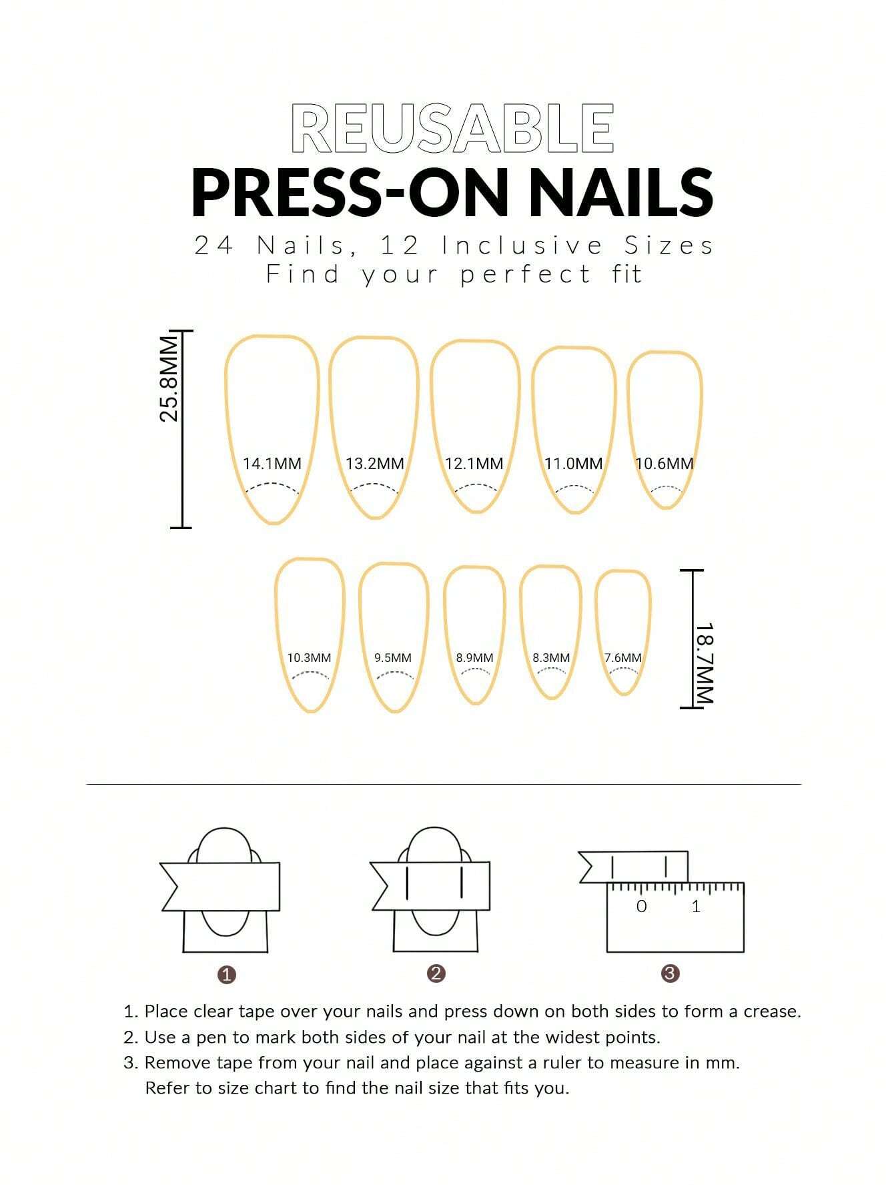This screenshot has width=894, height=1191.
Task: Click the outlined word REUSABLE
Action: click(x=453, y=129)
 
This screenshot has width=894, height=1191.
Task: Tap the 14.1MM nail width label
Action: click(x=272, y=463)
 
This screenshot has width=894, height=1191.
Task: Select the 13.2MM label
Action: click(x=374, y=463)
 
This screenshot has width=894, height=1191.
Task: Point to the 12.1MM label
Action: click(x=474, y=463)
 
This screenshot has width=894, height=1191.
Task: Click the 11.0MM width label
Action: click(x=573, y=463)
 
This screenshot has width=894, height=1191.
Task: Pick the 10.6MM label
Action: click(x=664, y=463)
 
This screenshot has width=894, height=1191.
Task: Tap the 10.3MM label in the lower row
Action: click(x=309, y=658)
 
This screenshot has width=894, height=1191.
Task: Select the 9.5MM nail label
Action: click(x=392, y=658)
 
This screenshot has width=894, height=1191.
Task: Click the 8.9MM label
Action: click(x=474, y=658)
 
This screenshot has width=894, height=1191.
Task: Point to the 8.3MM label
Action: click(x=551, y=658)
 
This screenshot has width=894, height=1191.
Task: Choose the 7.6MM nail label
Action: click(x=622, y=658)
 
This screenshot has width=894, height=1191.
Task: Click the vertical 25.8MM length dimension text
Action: click(x=169, y=379)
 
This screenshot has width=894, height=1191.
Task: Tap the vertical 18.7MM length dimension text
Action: click(x=705, y=663)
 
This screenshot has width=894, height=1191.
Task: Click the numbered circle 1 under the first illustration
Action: click(x=227, y=975)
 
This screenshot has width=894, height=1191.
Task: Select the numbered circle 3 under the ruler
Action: click(x=670, y=973)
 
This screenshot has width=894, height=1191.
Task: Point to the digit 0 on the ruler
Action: click(x=641, y=906)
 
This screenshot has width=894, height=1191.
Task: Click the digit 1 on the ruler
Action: click(x=696, y=906)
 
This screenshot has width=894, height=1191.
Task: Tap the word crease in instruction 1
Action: click(x=771, y=1012)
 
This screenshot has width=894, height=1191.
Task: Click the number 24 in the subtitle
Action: click(x=213, y=246)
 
